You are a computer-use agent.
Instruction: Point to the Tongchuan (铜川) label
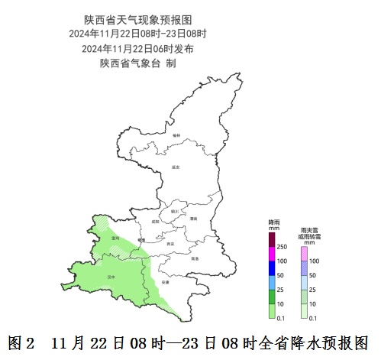[x=174, y=211]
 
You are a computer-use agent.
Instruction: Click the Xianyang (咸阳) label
[x=157, y=220]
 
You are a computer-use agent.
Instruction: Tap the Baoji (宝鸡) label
[x=115, y=238]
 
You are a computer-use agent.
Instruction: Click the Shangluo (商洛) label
[x=195, y=258]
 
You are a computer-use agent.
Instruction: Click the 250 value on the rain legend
[x=282, y=247]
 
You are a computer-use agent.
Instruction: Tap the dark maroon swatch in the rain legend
[x=272, y=239]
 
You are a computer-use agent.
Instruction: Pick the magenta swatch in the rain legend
[x=272, y=253]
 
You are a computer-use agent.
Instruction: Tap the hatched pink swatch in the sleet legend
[x=304, y=253]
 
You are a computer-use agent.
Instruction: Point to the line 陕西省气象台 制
[x=137, y=63]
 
